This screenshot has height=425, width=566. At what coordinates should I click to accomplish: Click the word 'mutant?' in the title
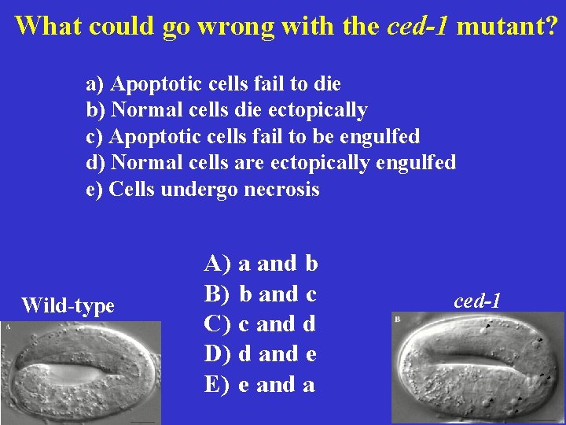click(x=507, y=26)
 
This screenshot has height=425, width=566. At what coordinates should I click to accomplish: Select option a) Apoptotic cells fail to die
click(x=213, y=83)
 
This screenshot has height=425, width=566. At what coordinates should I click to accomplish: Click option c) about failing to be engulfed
click(x=252, y=136)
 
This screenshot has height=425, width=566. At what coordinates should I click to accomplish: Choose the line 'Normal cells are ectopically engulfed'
click(x=270, y=163)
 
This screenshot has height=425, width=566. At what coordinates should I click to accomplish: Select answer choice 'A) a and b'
click(x=261, y=263)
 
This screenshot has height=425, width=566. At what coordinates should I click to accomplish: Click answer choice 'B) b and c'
click(x=261, y=294)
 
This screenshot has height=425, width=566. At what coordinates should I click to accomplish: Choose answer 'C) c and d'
click(x=261, y=323)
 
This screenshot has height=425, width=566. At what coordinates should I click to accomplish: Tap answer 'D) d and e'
click(x=261, y=354)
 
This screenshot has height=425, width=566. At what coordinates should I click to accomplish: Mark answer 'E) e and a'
click(x=261, y=384)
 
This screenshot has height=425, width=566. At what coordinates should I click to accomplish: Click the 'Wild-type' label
click(x=68, y=305)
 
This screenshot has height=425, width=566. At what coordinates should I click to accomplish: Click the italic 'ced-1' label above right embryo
click(x=477, y=300)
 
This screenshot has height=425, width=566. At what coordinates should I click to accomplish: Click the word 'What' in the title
click(x=49, y=26)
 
